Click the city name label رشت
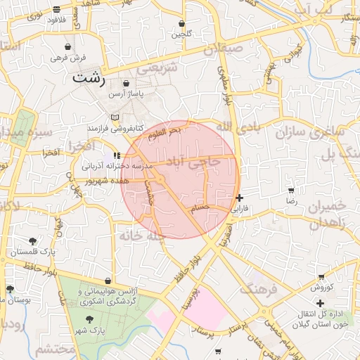click(89, 78)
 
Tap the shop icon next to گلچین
click(181, 24)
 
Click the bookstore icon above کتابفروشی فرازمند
click(115, 117)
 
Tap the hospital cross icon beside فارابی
click(240, 198)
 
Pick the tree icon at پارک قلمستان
click(33, 241)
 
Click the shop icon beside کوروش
click(321, 277)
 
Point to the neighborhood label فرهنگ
click(258, 285)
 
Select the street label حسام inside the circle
click(200, 207)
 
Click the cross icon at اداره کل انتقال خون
click(321, 303)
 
